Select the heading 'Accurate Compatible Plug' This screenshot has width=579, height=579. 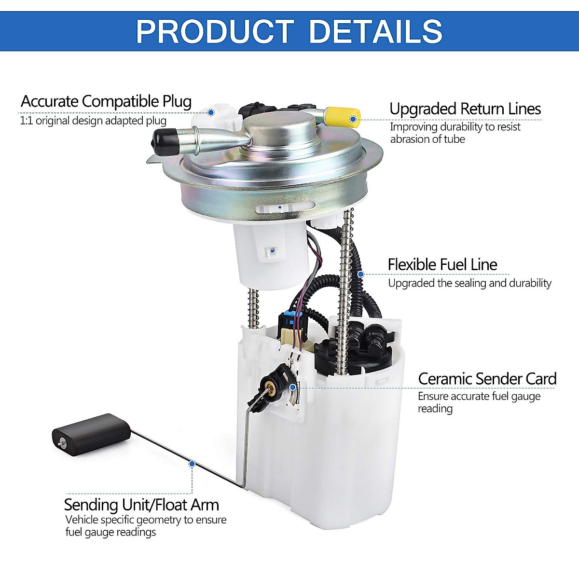coord(106,101)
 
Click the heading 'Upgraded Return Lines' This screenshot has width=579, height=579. coord(465,109)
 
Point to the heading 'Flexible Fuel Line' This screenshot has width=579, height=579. coord(442,264)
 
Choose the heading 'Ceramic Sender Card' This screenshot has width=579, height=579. coord(487,379)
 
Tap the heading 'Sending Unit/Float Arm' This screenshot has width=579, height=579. coord(141,505)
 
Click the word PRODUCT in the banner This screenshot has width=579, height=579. coord(215,31)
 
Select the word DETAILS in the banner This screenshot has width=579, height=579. coord(375,31)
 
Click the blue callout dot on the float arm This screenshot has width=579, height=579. coord(192,464)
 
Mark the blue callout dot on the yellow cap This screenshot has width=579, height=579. coord(353,119)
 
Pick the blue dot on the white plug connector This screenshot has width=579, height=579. coord(211,112)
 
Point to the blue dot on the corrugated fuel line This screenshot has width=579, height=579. coord(360,274)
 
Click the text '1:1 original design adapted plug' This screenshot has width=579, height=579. coord(93,121)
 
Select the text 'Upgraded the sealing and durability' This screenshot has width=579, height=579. coord(469,283)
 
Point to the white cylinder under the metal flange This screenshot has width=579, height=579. coord(271,256)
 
